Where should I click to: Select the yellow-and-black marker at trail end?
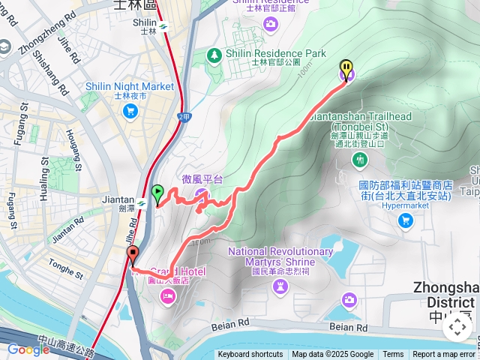(x=346, y=69)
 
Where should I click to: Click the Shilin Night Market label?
(x=130, y=87)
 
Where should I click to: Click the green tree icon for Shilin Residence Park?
(x=215, y=55)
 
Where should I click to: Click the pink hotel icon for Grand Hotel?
(x=167, y=297)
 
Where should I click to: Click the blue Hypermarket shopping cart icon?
(x=406, y=220)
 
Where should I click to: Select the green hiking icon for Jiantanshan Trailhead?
(x=361, y=160)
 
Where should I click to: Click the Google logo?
(x=28, y=349)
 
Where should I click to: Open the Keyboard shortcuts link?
(x=251, y=355)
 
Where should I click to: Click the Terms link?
(x=393, y=355)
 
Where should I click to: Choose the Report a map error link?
(x=444, y=355)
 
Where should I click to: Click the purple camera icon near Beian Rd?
(x=349, y=301)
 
